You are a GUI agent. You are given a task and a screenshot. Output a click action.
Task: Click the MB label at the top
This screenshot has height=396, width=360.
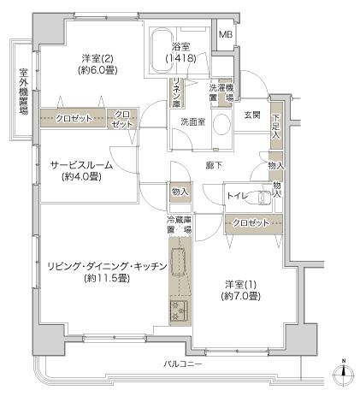225,35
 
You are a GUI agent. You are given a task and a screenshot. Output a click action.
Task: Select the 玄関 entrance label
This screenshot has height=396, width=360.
251,115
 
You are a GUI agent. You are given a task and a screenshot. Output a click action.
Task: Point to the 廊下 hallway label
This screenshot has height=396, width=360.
214,163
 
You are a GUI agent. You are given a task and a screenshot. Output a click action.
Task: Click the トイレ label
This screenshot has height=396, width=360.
237,196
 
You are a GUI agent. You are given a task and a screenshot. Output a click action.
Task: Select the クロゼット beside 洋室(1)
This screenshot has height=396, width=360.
251,222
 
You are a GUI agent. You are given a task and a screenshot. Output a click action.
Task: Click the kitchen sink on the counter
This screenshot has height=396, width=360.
179,309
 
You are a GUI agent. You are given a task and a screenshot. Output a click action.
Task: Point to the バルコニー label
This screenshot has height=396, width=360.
184,363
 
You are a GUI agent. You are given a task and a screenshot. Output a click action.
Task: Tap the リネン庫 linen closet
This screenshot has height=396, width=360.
175,92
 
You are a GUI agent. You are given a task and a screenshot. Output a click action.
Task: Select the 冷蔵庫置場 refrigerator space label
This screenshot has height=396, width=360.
180,225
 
